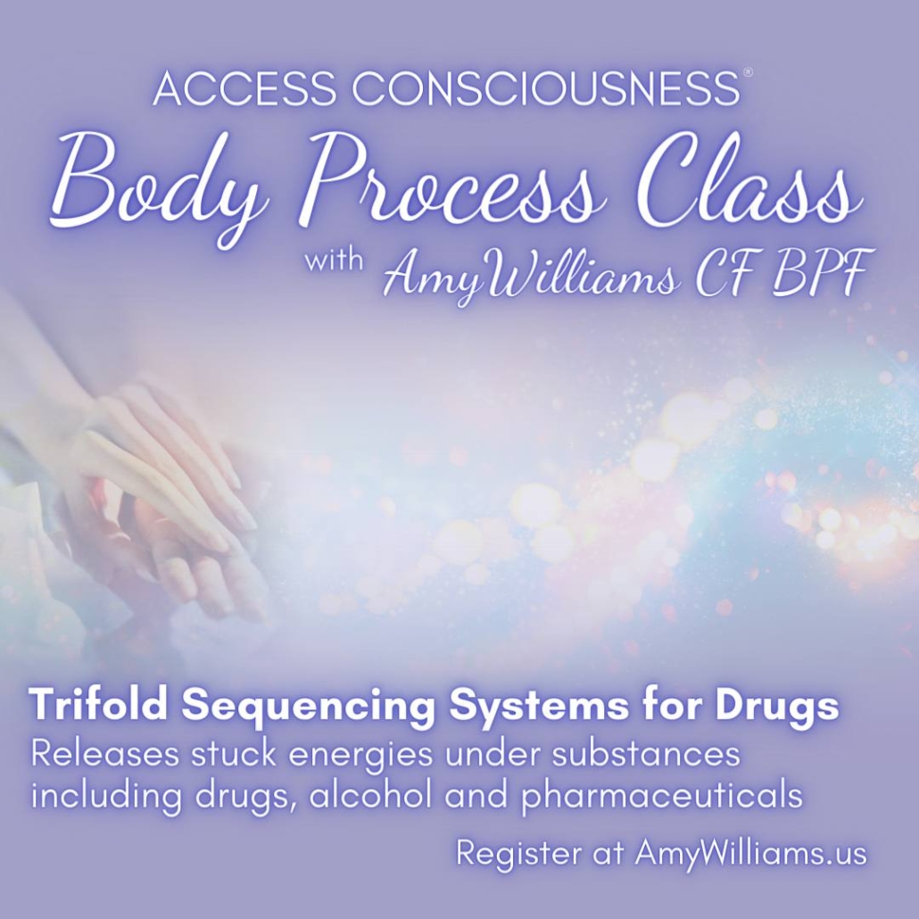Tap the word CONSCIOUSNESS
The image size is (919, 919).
tap(546, 88)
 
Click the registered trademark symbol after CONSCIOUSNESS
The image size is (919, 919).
tap(748, 72)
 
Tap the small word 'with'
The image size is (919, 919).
tap(334, 260)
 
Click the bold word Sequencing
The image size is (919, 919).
tap(309, 707)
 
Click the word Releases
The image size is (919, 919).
tap(105, 753)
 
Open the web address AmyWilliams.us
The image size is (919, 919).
tap(750, 854)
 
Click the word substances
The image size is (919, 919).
tap(645, 753)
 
